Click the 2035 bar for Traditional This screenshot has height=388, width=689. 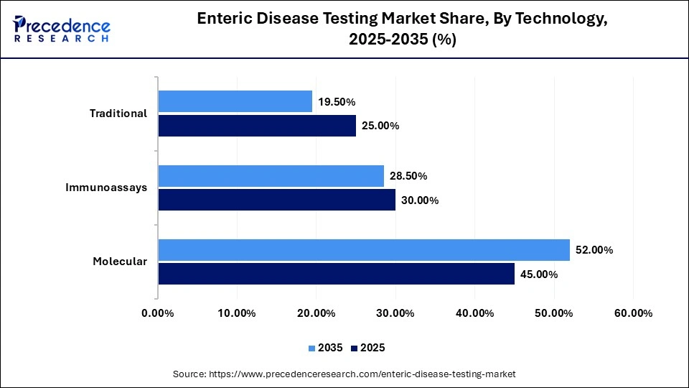tap(235, 101)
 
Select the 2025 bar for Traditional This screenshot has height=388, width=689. tap(257, 126)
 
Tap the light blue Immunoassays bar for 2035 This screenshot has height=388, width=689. tap(271, 175)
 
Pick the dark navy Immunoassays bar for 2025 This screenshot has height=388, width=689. tap(276, 200)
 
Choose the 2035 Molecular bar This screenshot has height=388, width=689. tap(363, 250)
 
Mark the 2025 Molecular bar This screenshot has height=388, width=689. tap(336, 274)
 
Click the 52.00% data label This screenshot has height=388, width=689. tap(594, 250)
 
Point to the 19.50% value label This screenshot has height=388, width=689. tap(337, 102)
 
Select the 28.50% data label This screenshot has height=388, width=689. tap(408, 176)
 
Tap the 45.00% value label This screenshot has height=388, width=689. tap(538, 274)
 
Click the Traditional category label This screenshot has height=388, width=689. tap(118, 114)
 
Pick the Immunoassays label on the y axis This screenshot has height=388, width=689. tap(106, 188)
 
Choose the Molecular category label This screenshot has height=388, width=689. tap(120, 262)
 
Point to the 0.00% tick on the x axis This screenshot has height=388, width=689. tap(158, 313)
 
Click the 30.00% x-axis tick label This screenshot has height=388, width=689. tap(395, 313)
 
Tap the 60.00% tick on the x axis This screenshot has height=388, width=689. tap(632, 313)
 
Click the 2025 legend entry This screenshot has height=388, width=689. tap(367, 348)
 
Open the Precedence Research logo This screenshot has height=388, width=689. tap(61, 29)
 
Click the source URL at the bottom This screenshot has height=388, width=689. tap(344, 374)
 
